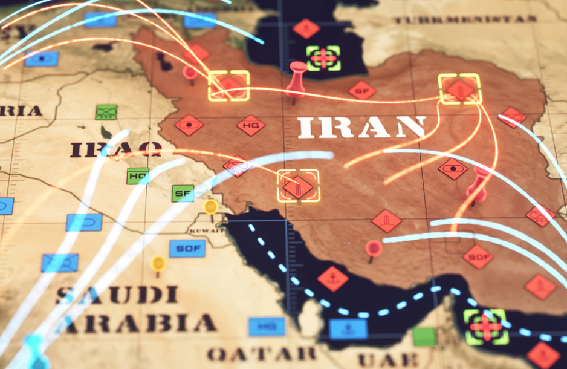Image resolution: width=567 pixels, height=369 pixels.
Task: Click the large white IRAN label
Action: [x=361, y=127]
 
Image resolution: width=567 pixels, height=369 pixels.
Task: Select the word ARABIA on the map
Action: [x=139, y=323]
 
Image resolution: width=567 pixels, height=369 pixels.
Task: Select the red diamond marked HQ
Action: [x=251, y=125]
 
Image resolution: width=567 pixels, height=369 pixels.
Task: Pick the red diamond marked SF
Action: [x=362, y=91]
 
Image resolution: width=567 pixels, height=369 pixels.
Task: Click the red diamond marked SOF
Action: [x=478, y=256]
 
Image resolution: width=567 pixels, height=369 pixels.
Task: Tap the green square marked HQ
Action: [x=138, y=175]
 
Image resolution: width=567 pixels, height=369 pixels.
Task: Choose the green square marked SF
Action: [x=183, y=193]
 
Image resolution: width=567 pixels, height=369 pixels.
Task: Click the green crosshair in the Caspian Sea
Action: [x=323, y=58]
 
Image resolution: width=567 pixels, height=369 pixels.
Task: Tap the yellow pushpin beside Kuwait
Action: [x=210, y=207]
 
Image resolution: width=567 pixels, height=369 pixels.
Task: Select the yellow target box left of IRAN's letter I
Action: [x=228, y=85]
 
